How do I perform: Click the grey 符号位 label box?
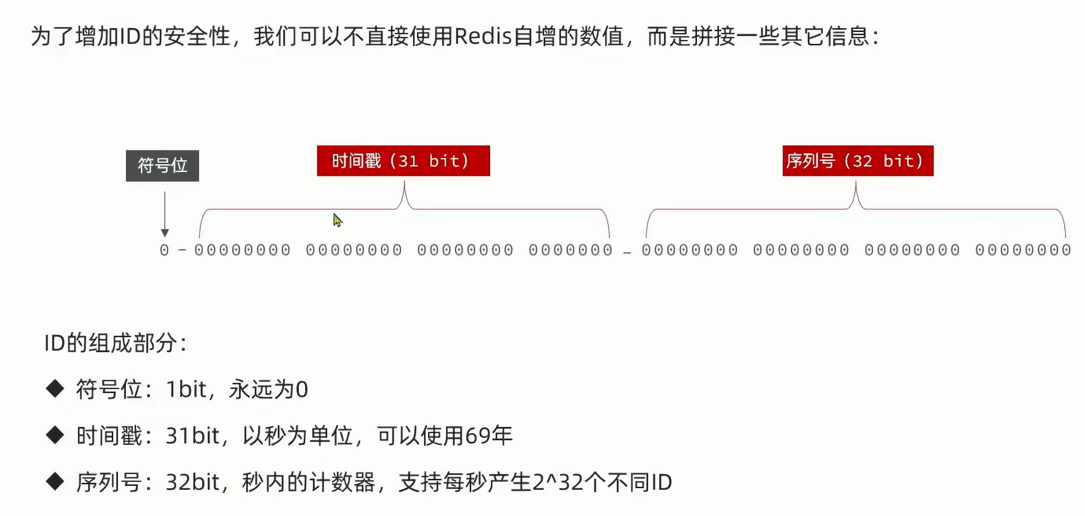pyautogui.click(x=162, y=166)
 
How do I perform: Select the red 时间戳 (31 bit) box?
pyautogui.click(x=403, y=160)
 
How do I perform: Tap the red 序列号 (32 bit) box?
pyautogui.click(x=857, y=160)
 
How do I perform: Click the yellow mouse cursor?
pyautogui.click(x=337, y=220)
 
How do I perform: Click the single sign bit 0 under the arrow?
pyautogui.click(x=164, y=250)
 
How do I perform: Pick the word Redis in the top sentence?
pyautogui.click(x=482, y=36)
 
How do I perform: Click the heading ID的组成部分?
pyautogui.click(x=115, y=343)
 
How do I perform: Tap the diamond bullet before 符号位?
pyautogui.click(x=55, y=389)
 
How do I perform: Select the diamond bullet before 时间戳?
pyautogui.click(x=55, y=435)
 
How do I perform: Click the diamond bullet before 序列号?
pyautogui.click(x=55, y=481)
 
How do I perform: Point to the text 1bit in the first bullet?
pyautogui.click(x=186, y=390)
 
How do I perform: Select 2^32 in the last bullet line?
pyautogui.click(x=557, y=482)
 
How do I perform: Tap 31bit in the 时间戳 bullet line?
pyautogui.click(x=192, y=436)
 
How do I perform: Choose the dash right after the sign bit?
pyautogui.click(x=182, y=250)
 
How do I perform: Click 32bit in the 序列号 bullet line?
pyautogui.click(x=192, y=482)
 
